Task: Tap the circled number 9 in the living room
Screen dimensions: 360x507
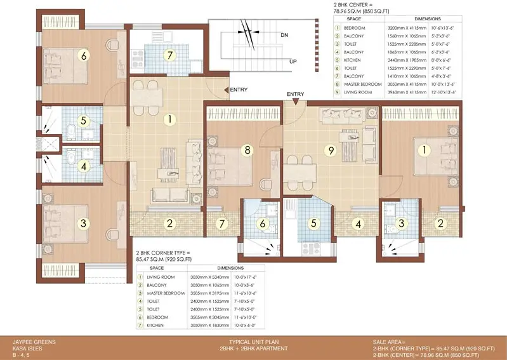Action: (x=329, y=150)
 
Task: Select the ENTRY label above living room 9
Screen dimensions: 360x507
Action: (x=295, y=94)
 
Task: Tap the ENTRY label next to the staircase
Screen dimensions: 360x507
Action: (x=239, y=90)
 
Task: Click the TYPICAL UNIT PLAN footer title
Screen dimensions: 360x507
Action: (x=253, y=342)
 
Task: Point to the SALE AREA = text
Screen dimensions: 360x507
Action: (x=390, y=342)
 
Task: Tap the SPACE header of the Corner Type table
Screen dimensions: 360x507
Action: (x=157, y=268)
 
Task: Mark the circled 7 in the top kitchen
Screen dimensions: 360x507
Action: (x=169, y=55)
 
